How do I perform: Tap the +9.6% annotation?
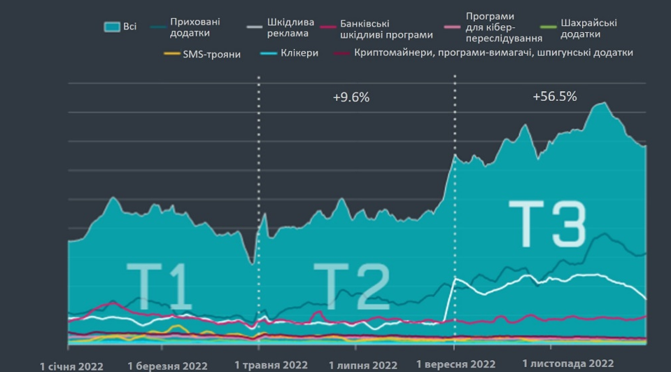click(351, 97)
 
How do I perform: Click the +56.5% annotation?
click(554, 97)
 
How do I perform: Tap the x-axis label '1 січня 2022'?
click(72, 366)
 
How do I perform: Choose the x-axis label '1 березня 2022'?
click(167, 366)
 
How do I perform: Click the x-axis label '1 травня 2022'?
click(271, 366)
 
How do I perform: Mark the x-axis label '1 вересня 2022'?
click(455, 365)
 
